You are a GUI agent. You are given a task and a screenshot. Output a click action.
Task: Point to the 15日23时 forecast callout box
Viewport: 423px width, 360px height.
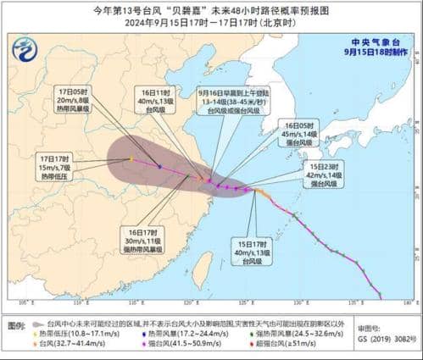point(326,175)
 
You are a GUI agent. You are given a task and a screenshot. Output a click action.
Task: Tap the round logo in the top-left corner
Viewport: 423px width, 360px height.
point(26,52)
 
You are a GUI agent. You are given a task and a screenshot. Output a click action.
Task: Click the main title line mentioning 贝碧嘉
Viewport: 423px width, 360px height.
point(211,10)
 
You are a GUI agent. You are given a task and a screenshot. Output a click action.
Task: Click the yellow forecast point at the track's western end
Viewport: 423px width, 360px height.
point(131,158)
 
